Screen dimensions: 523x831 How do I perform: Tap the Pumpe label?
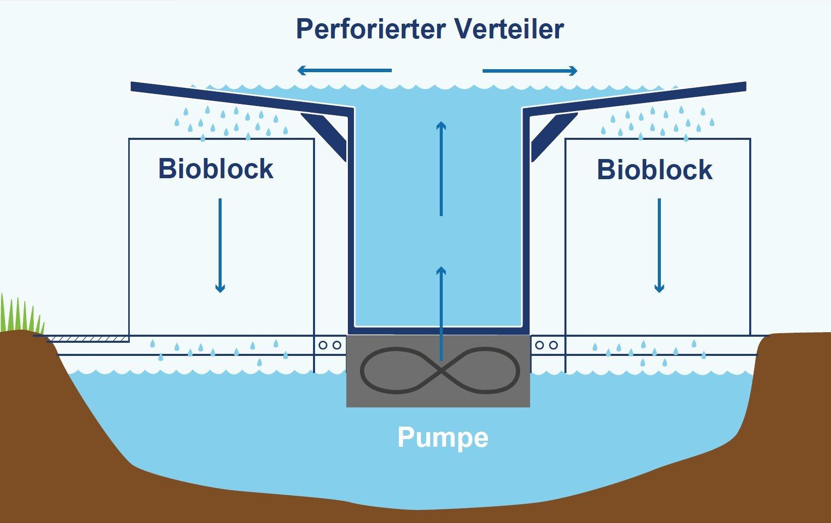click(443, 437)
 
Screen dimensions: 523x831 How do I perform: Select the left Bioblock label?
click(216, 169)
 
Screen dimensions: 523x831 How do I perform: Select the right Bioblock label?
click(654, 170)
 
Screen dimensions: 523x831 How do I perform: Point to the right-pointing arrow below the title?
click(530, 71)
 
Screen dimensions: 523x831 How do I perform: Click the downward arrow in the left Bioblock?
click(220, 245)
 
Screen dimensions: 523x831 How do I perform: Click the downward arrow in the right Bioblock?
click(659, 245)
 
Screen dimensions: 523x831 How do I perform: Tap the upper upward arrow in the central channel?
click(441, 169)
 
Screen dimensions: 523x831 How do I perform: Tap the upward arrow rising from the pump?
click(441, 313)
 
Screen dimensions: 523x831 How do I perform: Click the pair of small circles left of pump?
click(330, 345)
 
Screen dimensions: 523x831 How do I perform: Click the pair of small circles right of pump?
click(547, 345)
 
